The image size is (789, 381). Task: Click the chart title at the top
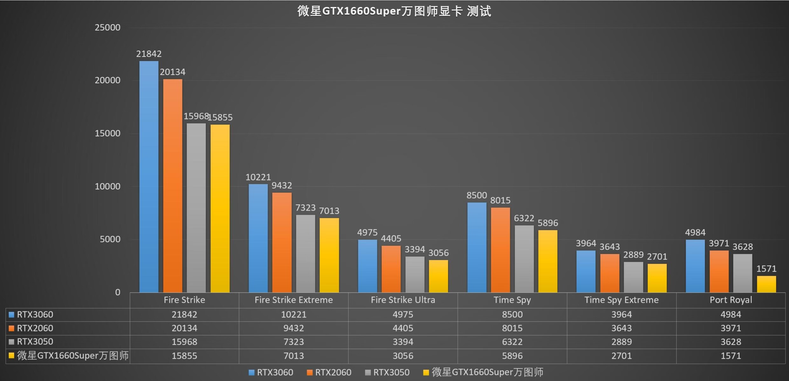pos(394,11)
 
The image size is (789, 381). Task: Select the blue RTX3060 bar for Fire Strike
pos(149,176)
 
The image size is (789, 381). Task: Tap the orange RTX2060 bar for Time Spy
pos(500,250)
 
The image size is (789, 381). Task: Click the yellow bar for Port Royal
pos(766,284)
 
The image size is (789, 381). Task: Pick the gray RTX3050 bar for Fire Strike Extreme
pos(305,254)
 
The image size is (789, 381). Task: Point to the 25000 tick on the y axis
pos(107,28)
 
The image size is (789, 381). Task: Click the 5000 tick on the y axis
pos(110,239)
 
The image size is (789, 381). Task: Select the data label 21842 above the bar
pos(149,54)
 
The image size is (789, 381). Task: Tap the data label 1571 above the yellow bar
pos(766,269)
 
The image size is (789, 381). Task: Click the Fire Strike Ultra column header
pos(403,300)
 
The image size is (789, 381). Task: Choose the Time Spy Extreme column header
pos(621,300)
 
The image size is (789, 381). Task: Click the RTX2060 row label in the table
pos(35,328)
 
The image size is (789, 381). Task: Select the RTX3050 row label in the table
pos(35,342)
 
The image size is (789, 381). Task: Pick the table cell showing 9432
pos(293,328)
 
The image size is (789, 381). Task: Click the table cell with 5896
pos(512,356)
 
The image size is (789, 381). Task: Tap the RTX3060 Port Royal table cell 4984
pos(731,315)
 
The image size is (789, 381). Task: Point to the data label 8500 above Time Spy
pos(477,195)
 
